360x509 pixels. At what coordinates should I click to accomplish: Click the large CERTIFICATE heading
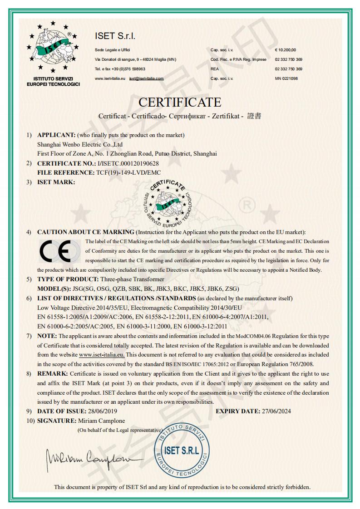point(180,102)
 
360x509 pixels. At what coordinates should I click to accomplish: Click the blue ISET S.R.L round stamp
point(182,451)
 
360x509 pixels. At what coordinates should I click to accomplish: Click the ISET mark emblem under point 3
point(167,202)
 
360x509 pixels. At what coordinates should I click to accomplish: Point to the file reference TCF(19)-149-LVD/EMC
point(128,173)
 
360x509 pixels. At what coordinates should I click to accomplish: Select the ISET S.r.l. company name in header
point(115,36)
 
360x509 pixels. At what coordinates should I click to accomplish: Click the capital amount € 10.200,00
point(285,49)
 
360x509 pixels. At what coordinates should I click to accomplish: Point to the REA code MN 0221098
point(286,78)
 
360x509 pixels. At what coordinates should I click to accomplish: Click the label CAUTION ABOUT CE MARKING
point(85,232)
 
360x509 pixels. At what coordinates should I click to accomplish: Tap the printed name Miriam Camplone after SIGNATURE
point(101,421)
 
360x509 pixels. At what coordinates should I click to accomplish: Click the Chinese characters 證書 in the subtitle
point(254,116)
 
